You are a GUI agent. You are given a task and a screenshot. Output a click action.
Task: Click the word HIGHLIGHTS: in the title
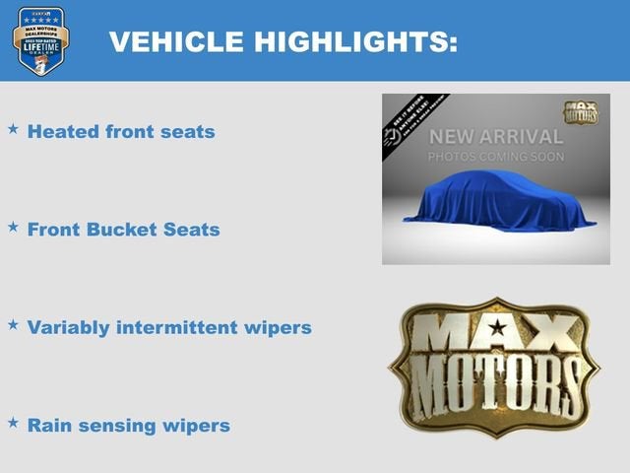pos(352,41)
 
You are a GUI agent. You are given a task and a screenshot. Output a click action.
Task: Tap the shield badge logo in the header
pos(40,40)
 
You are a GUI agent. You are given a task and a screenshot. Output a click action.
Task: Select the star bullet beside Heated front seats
pos(13,129)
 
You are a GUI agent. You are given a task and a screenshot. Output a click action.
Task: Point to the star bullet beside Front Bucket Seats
pos(13,228)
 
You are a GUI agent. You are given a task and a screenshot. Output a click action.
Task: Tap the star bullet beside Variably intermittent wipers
pos(13,324)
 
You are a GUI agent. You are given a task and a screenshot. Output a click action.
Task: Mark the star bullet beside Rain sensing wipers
pos(13,423)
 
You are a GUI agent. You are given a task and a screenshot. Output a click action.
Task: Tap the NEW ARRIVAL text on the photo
pos(495,137)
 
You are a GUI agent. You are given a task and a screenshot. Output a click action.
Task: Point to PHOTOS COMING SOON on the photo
pos(495,158)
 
